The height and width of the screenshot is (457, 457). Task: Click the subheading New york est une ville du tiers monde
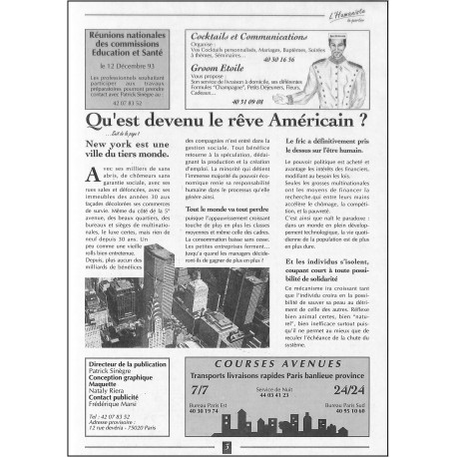tap(123, 150)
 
